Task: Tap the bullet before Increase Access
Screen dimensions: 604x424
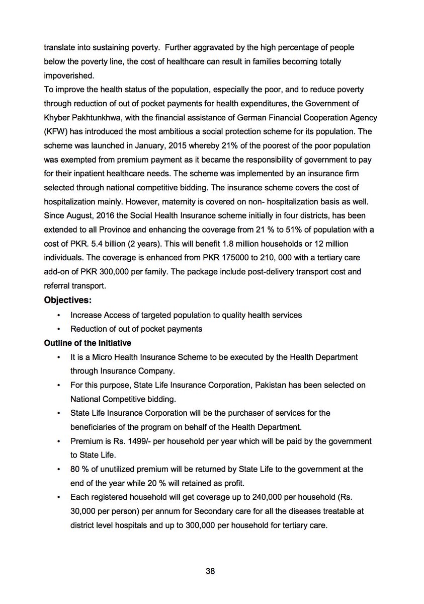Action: pos(60,316)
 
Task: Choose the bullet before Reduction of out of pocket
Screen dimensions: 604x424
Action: pos(60,329)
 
